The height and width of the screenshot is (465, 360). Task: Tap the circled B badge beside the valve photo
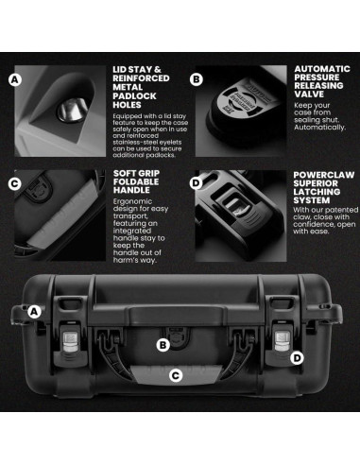coord(196,80)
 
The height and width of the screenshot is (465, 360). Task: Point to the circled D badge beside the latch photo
coord(196,183)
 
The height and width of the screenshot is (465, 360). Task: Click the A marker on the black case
coord(33,311)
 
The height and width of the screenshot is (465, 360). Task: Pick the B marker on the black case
coord(163,346)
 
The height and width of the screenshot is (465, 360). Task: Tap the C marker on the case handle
coord(175,375)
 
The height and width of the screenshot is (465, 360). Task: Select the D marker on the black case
coord(298,357)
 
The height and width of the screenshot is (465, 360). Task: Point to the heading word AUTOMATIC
coord(322,69)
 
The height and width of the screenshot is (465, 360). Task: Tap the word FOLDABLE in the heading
coord(140,186)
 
